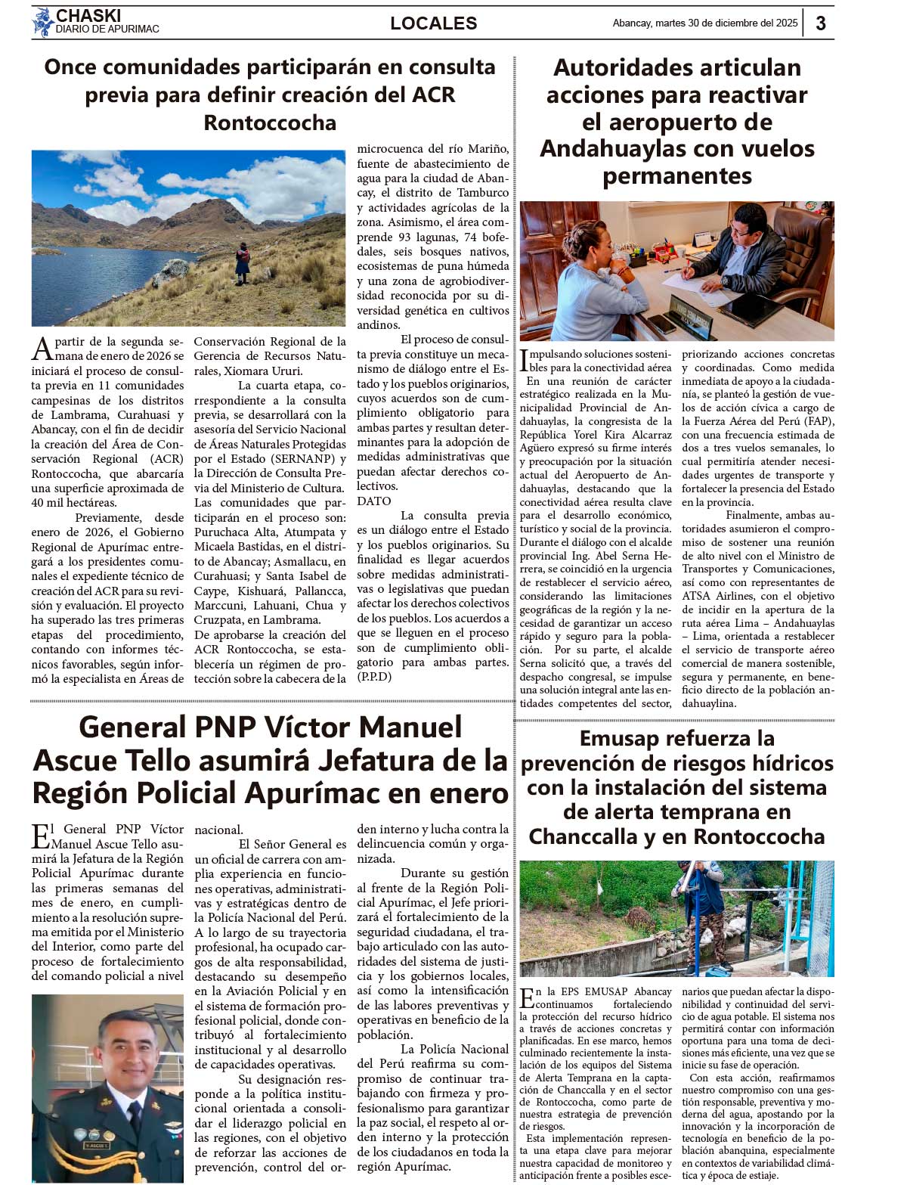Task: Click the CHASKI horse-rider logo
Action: pyautogui.click(x=42, y=22)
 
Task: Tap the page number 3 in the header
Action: pyautogui.click(x=820, y=23)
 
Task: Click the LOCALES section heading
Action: pyautogui.click(x=433, y=23)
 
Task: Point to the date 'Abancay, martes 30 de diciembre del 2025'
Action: pyautogui.click(x=704, y=23)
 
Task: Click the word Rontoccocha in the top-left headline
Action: pyautogui.click(x=270, y=123)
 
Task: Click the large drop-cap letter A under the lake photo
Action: pyautogui.click(x=42, y=349)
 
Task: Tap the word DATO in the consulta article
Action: pyautogui.click(x=374, y=501)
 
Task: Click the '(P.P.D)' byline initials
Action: pyautogui.click(x=374, y=677)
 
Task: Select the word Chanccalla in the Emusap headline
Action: pyautogui.click(x=586, y=837)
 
